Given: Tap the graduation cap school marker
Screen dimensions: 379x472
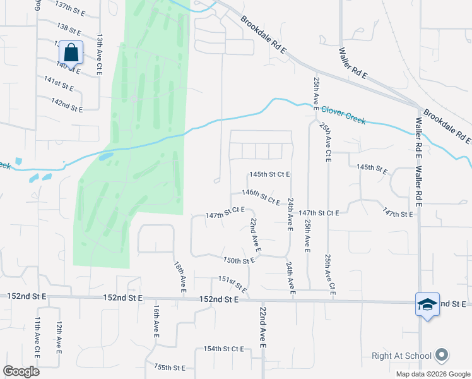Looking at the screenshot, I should pyautogui.click(x=427, y=304).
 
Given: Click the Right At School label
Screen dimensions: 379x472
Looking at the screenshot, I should pyautogui.click(x=401, y=356).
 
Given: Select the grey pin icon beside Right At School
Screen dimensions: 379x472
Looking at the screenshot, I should pyautogui.click(x=442, y=356).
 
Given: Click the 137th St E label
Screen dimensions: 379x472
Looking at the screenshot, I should pyautogui.click(x=71, y=8).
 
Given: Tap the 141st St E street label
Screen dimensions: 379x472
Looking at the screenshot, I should pyautogui.click(x=59, y=83).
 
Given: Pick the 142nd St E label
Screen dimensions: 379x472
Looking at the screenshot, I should pyautogui.click(x=68, y=105).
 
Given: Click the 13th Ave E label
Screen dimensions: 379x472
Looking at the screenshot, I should pyautogui.click(x=99, y=56).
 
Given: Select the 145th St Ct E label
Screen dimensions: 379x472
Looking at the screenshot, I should pyautogui.click(x=269, y=174).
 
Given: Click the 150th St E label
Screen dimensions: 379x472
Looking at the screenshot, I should pyautogui.click(x=239, y=260).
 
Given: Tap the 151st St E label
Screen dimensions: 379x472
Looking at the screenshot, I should pyautogui.click(x=232, y=282).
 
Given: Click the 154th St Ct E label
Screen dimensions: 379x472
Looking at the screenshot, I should pyautogui.click(x=223, y=349).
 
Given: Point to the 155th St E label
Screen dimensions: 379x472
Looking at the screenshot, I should pyautogui.click(x=170, y=368).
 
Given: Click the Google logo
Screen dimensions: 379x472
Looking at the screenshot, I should pyautogui.click(x=21, y=371).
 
